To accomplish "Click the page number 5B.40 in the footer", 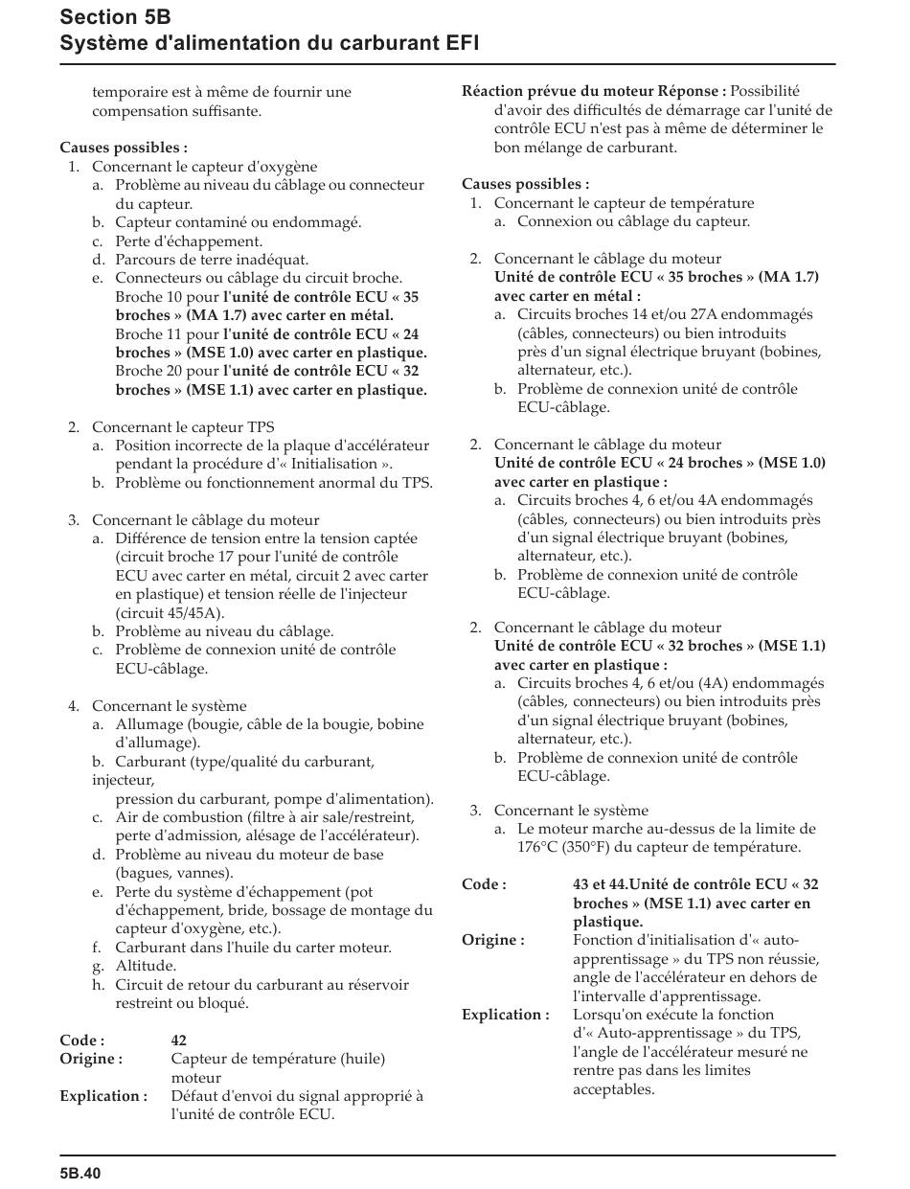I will click(80, 1173).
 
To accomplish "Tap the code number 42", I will click(179, 1040).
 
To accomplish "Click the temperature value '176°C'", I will click(538, 848).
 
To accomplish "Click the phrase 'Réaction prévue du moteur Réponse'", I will click(593, 92).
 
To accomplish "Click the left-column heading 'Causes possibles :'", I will click(124, 148).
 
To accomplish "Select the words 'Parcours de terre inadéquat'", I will click(212, 260).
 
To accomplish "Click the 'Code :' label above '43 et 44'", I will click(484, 884).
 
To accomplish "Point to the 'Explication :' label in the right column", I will click(505, 1015).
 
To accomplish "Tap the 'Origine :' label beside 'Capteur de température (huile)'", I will click(91, 1059).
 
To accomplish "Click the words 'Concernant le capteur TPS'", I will click(183, 427).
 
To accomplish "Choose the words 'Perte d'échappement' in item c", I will click(189, 241).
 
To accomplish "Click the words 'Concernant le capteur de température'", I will click(624, 203).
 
